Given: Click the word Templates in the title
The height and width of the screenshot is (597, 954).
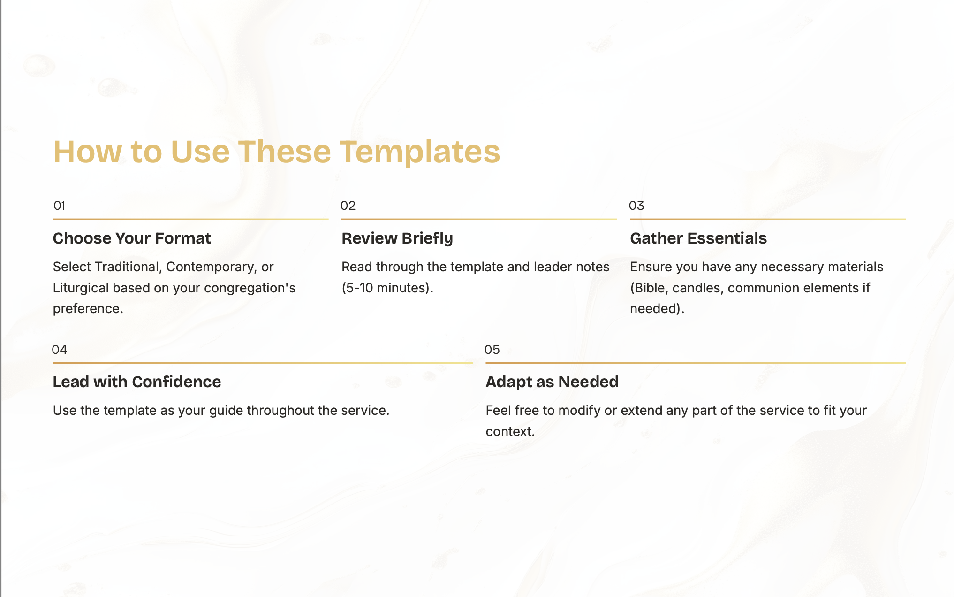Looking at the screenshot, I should pyautogui.click(x=419, y=152).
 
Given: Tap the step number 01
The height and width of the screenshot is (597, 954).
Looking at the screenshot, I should pyautogui.click(x=59, y=206).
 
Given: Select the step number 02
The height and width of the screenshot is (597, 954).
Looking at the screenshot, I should pyautogui.click(x=348, y=206).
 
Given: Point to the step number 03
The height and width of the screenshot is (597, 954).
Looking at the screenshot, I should pyautogui.click(x=636, y=206).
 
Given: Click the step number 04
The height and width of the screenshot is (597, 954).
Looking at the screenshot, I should pyautogui.click(x=59, y=350).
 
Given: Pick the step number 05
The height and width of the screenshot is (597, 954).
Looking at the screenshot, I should pyautogui.click(x=492, y=350).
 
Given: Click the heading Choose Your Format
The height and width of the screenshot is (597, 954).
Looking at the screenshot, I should pyautogui.click(x=132, y=238).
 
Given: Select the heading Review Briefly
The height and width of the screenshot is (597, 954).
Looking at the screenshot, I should pyautogui.click(x=397, y=238).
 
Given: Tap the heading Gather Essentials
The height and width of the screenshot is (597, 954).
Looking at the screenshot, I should pyautogui.click(x=698, y=238).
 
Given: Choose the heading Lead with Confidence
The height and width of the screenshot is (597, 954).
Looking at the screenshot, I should pyautogui.click(x=136, y=382).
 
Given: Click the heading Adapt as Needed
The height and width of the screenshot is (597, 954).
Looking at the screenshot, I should pyautogui.click(x=552, y=382).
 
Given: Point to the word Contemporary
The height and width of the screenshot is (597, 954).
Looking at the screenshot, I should pyautogui.click(x=211, y=267).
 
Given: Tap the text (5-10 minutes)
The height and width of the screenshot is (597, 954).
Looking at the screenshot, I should pyautogui.click(x=387, y=288).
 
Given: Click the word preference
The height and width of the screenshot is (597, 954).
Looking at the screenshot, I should pyautogui.click(x=88, y=309).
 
